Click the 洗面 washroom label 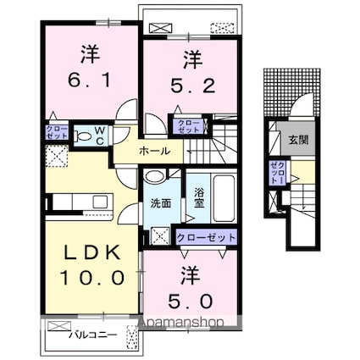pos(162,203)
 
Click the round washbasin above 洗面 pos(154,177)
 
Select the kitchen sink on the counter pos(102,201)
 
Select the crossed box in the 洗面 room pos(161,236)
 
